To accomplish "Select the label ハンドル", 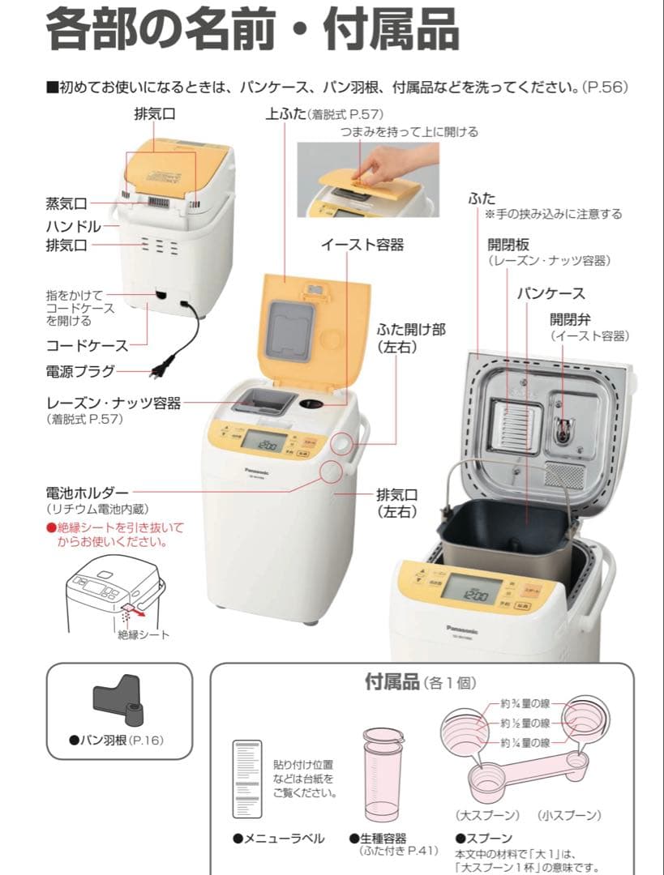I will click(74, 225).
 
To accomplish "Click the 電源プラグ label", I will click(80, 372).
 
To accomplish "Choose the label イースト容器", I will click(362, 245).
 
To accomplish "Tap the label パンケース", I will click(551, 293).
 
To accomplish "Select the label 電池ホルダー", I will click(88, 493).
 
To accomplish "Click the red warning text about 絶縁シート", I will click(115, 534).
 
